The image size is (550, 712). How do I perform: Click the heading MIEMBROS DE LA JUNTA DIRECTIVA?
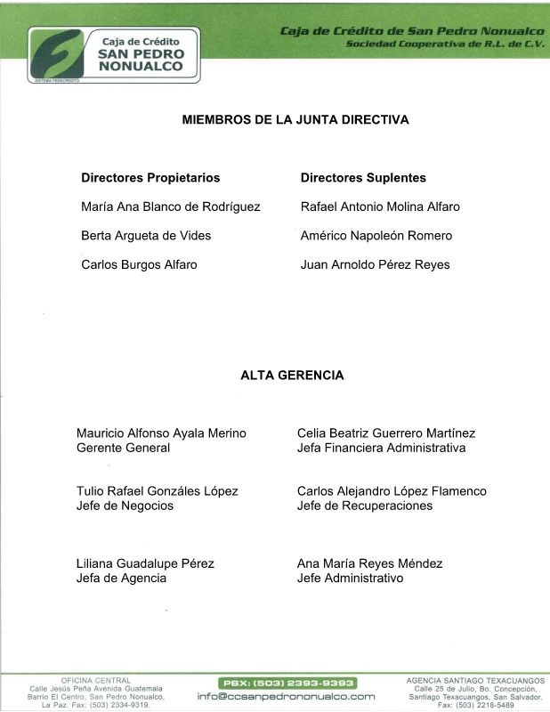(295, 119)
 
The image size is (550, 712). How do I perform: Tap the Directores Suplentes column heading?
(363, 178)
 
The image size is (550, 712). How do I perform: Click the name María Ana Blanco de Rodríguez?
(170, 206)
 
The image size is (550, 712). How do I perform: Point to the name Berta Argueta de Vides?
(146, 236)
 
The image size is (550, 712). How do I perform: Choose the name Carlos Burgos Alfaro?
(139, 264)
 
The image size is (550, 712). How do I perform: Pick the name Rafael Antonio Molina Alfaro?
(380, 206)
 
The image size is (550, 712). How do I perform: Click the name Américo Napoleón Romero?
(376, 236)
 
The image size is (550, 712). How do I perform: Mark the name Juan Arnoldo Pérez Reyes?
(376, 264)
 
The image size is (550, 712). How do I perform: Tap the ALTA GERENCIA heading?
(292, 376)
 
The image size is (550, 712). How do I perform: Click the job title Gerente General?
(123, 448)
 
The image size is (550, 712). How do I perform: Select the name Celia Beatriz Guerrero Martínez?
(386, 433)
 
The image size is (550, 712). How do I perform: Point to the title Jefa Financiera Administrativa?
(381, 448)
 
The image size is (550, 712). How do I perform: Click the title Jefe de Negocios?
(125, 506)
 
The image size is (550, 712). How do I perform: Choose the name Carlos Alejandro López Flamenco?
(392, 491)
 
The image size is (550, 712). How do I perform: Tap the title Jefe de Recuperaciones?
(365, 506)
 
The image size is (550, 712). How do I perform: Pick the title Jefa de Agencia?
(121, 578)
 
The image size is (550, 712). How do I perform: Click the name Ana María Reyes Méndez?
(369, 563)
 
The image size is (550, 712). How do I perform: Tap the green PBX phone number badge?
(287, 683)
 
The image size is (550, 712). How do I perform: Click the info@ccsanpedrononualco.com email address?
(287, 696)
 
